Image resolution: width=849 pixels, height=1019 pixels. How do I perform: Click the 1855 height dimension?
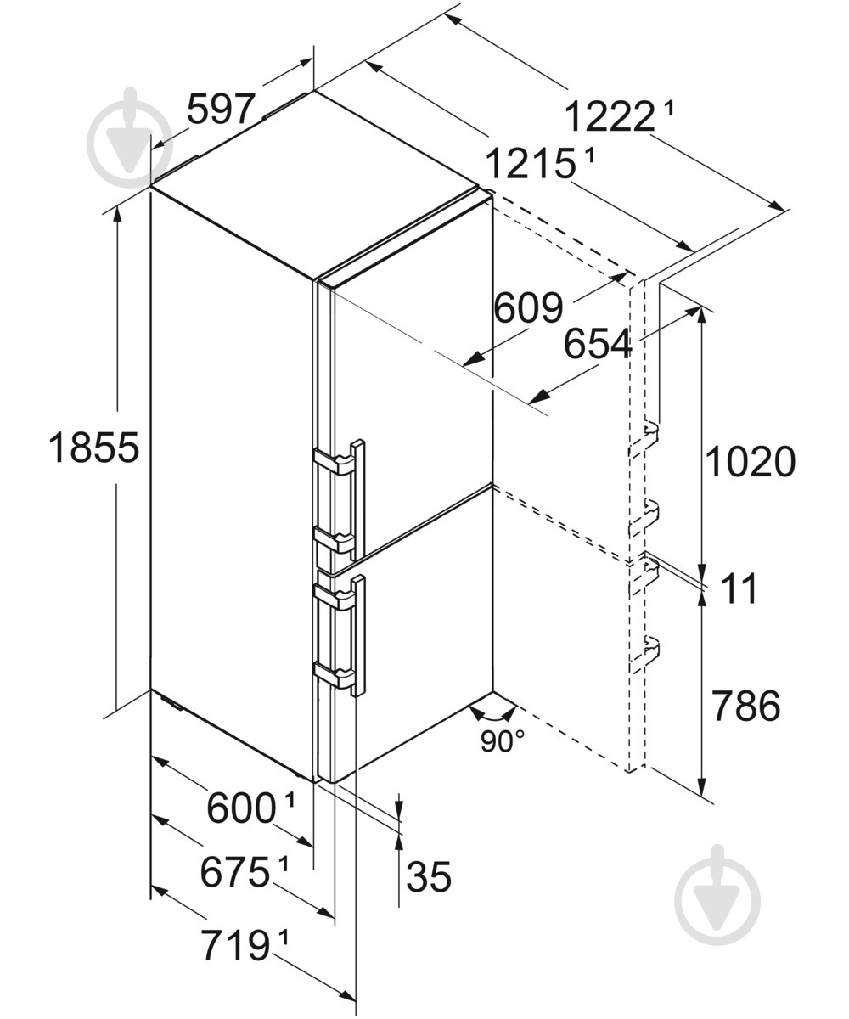pyautogui.click(x=93, y=448)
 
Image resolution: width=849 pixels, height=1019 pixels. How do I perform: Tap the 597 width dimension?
pyautogui.click(x=221, y=110)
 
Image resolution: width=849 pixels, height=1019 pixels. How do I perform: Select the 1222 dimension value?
pyautogui.click(x=609, y=116)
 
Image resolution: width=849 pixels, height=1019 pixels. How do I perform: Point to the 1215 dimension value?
pyautogui.click(x=531, y=164)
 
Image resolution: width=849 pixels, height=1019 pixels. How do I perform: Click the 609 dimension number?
pyautogui.click(x=529, y=308)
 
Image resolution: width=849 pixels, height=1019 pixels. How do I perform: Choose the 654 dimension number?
pyautogui.click(x=598, y=344)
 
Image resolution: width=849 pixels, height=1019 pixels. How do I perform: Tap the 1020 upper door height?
pyautogui.click(x=751, y=461)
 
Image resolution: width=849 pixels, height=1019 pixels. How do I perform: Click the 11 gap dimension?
pyautogui.click(x=739, y=588)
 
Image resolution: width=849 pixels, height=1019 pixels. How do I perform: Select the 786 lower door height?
pyautogui.click(x=746, y=705)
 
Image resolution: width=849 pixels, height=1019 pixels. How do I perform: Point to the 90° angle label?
pyautogui.click(x=503, y=741)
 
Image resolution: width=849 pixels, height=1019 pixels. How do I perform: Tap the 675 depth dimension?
pyautogui.click(x=234, y=872)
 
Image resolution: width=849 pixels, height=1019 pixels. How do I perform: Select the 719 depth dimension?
pyautogui.click(x=236, y=945)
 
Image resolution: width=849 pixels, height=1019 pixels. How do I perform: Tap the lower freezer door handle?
pyautogui.click(x=358, y=635)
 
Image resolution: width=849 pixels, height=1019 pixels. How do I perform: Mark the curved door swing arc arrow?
pyautogui.click(x=492, y=716)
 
